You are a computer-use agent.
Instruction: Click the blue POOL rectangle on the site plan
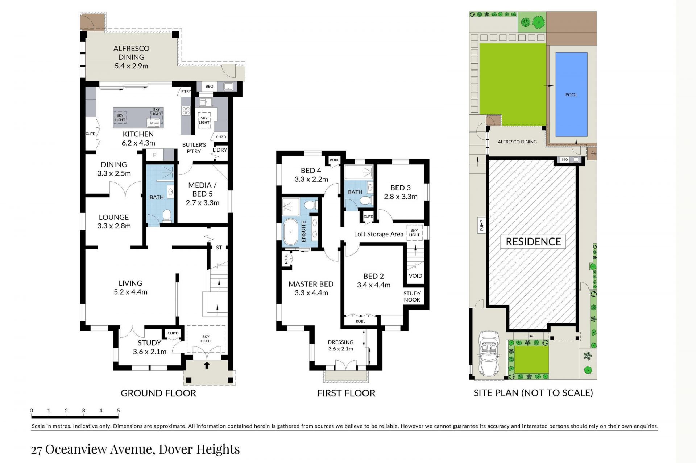(x=571, y=94)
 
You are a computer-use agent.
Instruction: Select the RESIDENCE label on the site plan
(x=533, y=241)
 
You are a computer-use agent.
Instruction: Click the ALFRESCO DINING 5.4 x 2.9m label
(x=131, y=57)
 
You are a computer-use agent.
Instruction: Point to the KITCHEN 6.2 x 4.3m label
(x=138, y=138)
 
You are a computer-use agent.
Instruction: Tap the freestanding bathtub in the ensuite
(x=290, y=232)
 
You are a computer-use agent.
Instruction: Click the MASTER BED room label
(x=311, y=289)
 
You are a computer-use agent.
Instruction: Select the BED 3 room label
(x=401, y=192)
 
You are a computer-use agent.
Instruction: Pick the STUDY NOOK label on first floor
(x=412, y=296)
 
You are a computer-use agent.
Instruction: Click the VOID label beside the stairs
(x=415, y=276)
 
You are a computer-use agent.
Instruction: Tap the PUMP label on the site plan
(x=482, y=225)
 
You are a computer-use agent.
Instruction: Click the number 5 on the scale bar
(x=118, y=411)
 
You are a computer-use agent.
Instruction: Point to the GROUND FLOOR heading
(x=158, y=393)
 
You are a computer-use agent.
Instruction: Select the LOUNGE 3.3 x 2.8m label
(x=114, y=222)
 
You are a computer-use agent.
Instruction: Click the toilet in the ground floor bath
(x=167, y=216)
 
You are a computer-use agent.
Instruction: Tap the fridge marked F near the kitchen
(x=155, y=155)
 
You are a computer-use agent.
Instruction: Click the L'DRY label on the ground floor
(x=220, y=150)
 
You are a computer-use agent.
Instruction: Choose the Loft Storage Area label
(x=378, y=234)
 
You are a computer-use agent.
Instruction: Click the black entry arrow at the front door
(x=207, y=365)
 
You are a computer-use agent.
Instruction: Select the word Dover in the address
(x=176, y=449)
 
